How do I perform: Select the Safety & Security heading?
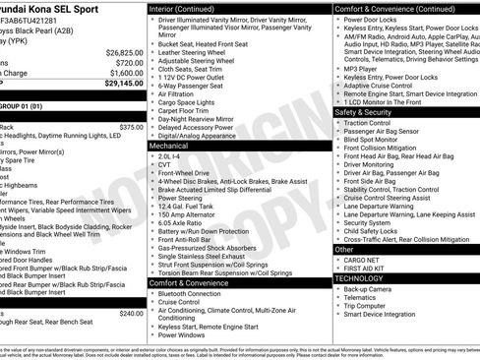[x=362, y=112]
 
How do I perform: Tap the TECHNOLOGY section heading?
[x=360, y=278]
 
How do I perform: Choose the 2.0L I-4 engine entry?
[x=170, y=154]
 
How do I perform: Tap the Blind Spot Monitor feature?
[x=376, y=141]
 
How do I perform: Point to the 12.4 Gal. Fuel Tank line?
[x=186, y=205]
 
